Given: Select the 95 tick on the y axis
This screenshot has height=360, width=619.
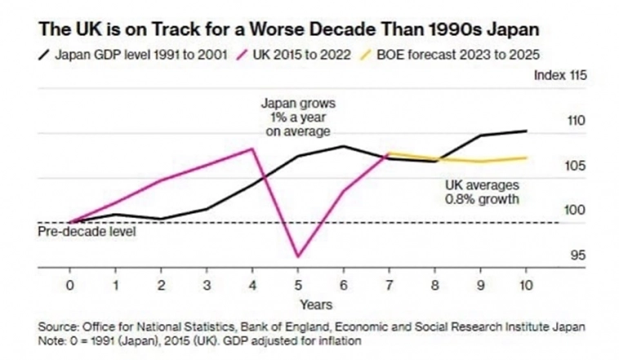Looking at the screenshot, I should pos(577,256).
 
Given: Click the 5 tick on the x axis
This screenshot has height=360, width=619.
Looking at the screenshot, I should pos(298,286).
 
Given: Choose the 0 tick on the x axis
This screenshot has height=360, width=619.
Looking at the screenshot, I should pos(70,286).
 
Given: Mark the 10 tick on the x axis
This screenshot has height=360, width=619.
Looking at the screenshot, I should pos(526,286).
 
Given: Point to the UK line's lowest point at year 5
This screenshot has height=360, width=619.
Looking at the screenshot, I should pos(298,256).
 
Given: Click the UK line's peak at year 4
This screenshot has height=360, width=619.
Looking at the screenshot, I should pos(252,149).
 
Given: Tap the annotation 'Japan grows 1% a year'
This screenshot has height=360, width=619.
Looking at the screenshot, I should pos(298,117).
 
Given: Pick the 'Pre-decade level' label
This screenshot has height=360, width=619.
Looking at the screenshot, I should pos(87,232).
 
